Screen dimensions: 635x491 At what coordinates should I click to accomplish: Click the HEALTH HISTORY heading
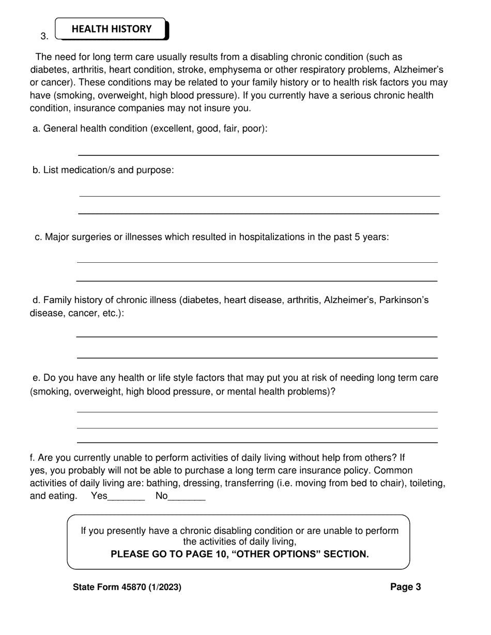112,29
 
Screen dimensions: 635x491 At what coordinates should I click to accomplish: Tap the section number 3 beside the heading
44,36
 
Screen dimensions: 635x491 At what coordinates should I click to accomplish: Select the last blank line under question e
257,442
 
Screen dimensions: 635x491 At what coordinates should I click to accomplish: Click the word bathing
163,483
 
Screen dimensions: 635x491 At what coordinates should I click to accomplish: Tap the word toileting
427,483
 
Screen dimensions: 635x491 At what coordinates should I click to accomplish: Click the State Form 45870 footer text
127,587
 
